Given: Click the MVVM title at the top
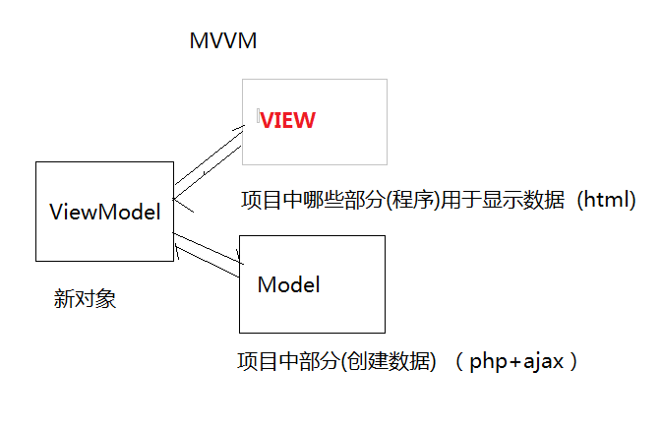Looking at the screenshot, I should [x=222, y=42].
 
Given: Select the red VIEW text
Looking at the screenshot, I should [x=288, y=121].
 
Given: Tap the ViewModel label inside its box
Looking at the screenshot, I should [x=104, y=212].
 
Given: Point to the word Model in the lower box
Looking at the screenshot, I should [x=288, y=285].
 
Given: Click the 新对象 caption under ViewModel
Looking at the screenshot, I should [x=85, y=299].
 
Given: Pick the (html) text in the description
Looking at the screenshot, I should [x=606, y=200].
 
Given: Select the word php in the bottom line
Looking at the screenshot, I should [x=489, y=361].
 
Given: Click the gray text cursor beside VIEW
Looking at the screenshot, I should [x=258, y=116].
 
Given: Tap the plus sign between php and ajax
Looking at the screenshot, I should [x=516, y=361].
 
